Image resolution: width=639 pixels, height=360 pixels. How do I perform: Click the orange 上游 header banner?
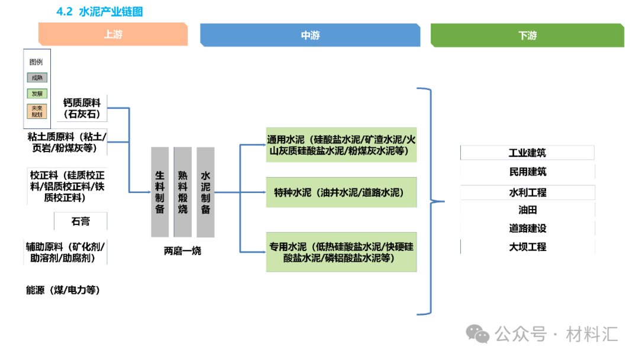click(113, 34)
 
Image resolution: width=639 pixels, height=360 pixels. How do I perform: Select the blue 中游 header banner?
click(310, 35)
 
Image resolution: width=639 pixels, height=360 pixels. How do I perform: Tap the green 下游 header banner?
click(527, 35)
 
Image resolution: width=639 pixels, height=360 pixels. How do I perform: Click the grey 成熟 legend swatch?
click(37, 78)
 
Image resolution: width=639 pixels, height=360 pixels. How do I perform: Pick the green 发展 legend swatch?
click(37, 94)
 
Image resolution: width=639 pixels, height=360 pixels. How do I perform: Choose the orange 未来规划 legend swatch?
click(37, 111)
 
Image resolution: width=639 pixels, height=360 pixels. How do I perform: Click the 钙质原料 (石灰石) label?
click(82, 108)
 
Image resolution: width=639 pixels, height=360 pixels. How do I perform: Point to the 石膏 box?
click(80, 221)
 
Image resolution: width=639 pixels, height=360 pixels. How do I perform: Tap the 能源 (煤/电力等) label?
click(63, 290)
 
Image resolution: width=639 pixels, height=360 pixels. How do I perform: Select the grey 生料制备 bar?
click(160, 192)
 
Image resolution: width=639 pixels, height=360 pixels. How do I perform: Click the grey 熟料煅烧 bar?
click(183, 192)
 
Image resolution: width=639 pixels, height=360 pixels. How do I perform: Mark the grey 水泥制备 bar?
click(205, 192)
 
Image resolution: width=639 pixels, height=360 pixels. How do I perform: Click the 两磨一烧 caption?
click(182, 250)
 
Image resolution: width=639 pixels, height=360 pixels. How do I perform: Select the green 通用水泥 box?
click(341, 145)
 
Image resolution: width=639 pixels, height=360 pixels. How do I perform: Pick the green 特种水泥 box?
click(341, 192)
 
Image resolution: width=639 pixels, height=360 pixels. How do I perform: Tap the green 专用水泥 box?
click(341, 252)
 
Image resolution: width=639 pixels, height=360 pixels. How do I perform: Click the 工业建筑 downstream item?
click(527, 153)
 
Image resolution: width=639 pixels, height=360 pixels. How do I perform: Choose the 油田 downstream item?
click(527, 210)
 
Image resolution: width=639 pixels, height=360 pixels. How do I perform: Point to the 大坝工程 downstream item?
click(527, 247)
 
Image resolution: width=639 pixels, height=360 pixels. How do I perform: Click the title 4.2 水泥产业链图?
click(99, 11)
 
